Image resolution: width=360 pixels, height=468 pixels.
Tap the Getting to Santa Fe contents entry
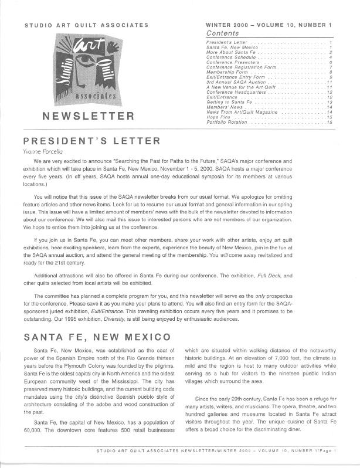pos(229,102)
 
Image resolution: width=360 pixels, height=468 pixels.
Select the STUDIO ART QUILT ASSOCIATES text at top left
pos(86,26)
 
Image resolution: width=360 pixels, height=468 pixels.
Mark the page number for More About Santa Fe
pos(331,52)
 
